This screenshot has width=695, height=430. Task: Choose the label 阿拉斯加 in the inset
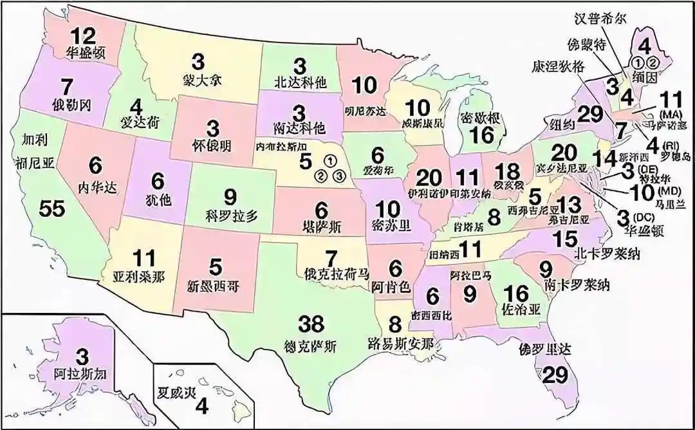82,371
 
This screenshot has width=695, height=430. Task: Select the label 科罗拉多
230,214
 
